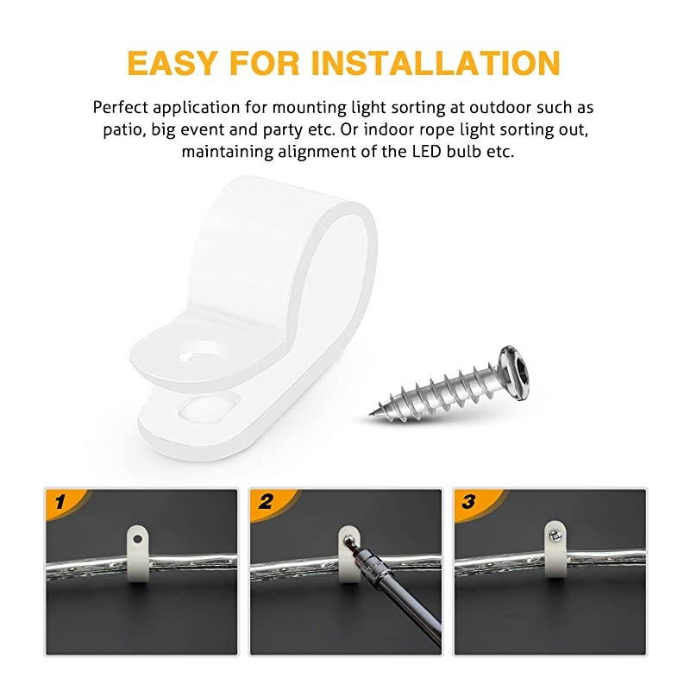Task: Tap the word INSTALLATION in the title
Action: pyautogui.click(x=437, y=62)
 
